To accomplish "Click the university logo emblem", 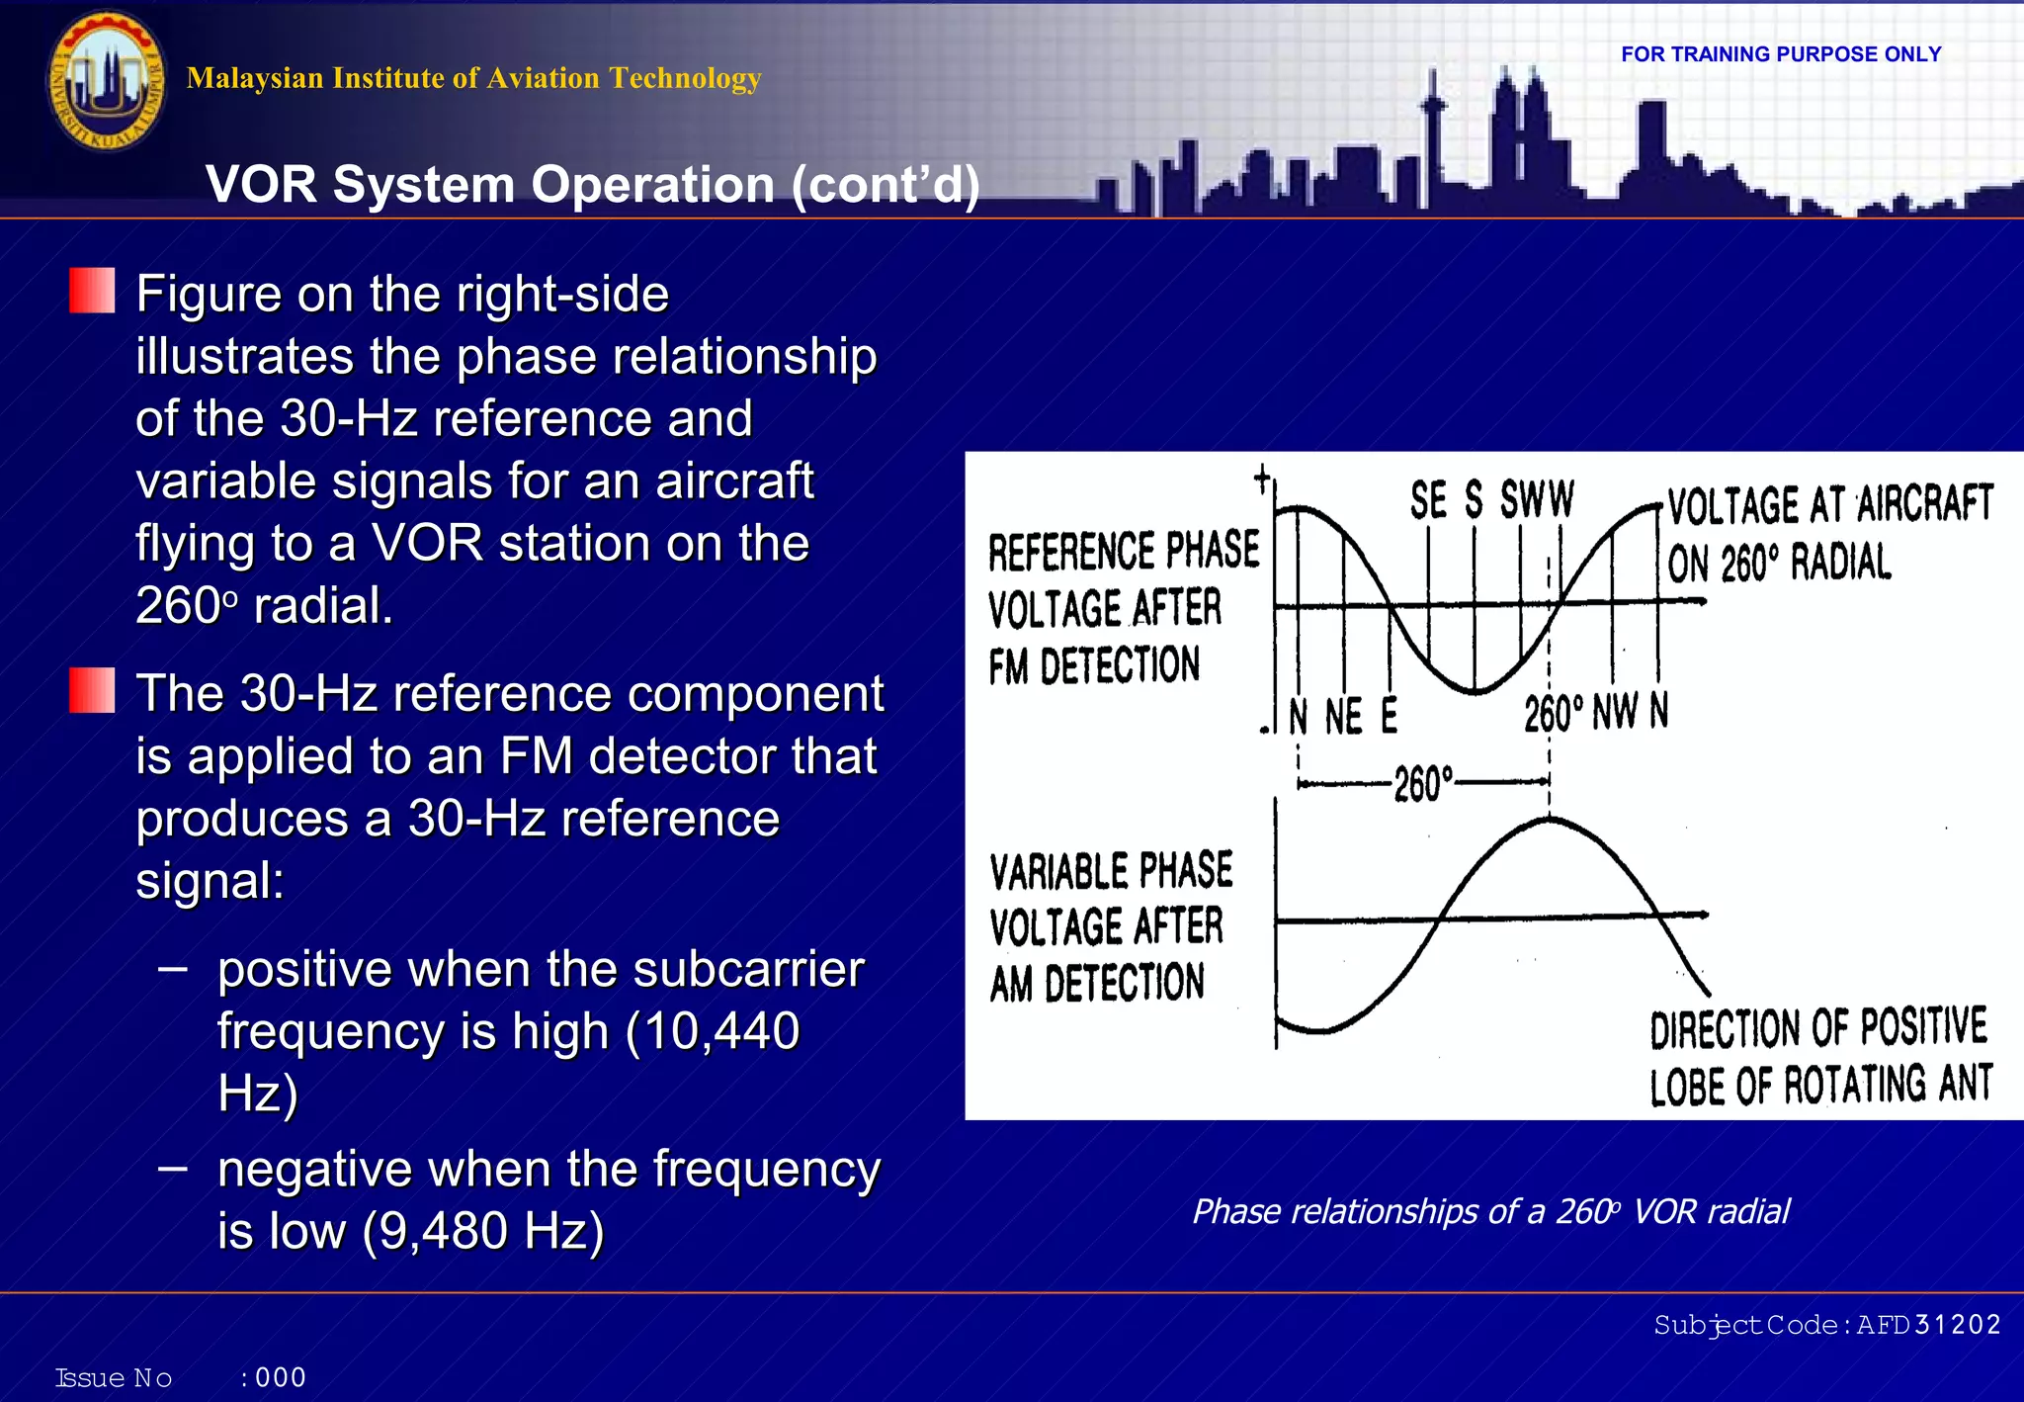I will pyautogui.click(x=106, y=82).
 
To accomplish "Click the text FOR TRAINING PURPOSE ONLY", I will pyautogui.click(x=1781, y=54).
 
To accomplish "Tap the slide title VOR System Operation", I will pyautogui.click(x=592, y=185).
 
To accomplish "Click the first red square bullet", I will pyautogui.click(x=92, y=292).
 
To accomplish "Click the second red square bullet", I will pyautogui.click(x=92, y=691).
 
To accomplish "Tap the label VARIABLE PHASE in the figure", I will pyautogui.click(x=1111, y=871).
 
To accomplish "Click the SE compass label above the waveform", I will pyautogui.click(x=1428, y=500).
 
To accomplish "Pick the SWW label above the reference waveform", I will pyautogui.click(x=1537, y=499).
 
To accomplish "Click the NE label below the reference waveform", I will pyautogui.click(x=1343, y=716).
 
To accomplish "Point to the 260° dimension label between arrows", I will pyautogui.click(x=1423, y=784).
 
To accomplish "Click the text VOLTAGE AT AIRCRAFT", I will pyautogui.click(x=1830, y=504).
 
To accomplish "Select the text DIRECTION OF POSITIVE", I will pyautogui.click(x=1817, y=1028).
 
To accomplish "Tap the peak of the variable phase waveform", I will pyautogui.click(x=1549, y=820).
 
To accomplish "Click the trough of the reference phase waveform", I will pyautogui.click(x=1474, y=690).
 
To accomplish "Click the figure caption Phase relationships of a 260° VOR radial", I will pyautogui.click(x=1490, y=1211).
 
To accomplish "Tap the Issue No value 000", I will pyautogui.click(x=281, y=1377).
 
